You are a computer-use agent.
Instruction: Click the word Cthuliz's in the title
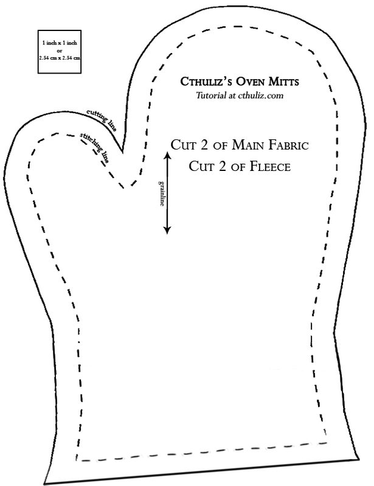[x=206, y=82]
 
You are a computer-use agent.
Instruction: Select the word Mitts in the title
[x=284, y=82]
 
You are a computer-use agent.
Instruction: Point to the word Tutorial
[x=210, y=95]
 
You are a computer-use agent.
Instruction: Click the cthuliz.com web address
[x=261, y=95]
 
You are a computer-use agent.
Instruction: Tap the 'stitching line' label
[x=95, y=148]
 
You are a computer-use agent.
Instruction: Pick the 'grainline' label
[x=161, y=193]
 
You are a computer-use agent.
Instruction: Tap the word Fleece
[x=270, y=167]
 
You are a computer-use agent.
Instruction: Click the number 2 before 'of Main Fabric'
[x=204, y=145]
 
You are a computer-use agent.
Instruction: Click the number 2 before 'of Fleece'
[x=222, y=167]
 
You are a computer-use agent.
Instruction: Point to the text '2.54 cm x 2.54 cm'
[x=60, y=58]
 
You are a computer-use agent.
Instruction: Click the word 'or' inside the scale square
[x=59, y=50]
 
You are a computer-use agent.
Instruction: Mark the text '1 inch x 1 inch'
[x=60, y=43]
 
